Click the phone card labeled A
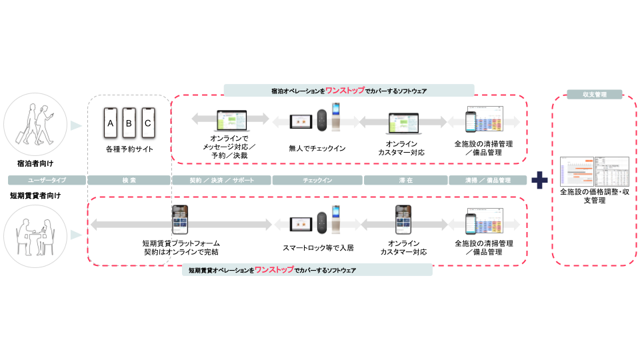point(111,123)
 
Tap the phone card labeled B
point(129,123)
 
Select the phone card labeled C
point(148,123)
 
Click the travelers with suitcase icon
point(35,125)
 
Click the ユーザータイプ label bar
point(47,180)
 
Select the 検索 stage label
point(129,180)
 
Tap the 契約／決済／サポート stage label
point(221,180)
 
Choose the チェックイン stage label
point(317,180)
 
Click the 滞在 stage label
point(405,180)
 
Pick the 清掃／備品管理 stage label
point(487,180)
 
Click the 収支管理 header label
point(594,95)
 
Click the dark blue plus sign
point(539,180)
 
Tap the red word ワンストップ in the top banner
point(345,90)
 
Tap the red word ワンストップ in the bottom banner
point(274,270)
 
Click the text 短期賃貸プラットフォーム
point(181,243)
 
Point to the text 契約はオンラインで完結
point(181,253)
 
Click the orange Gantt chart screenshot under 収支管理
point(577,171)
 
